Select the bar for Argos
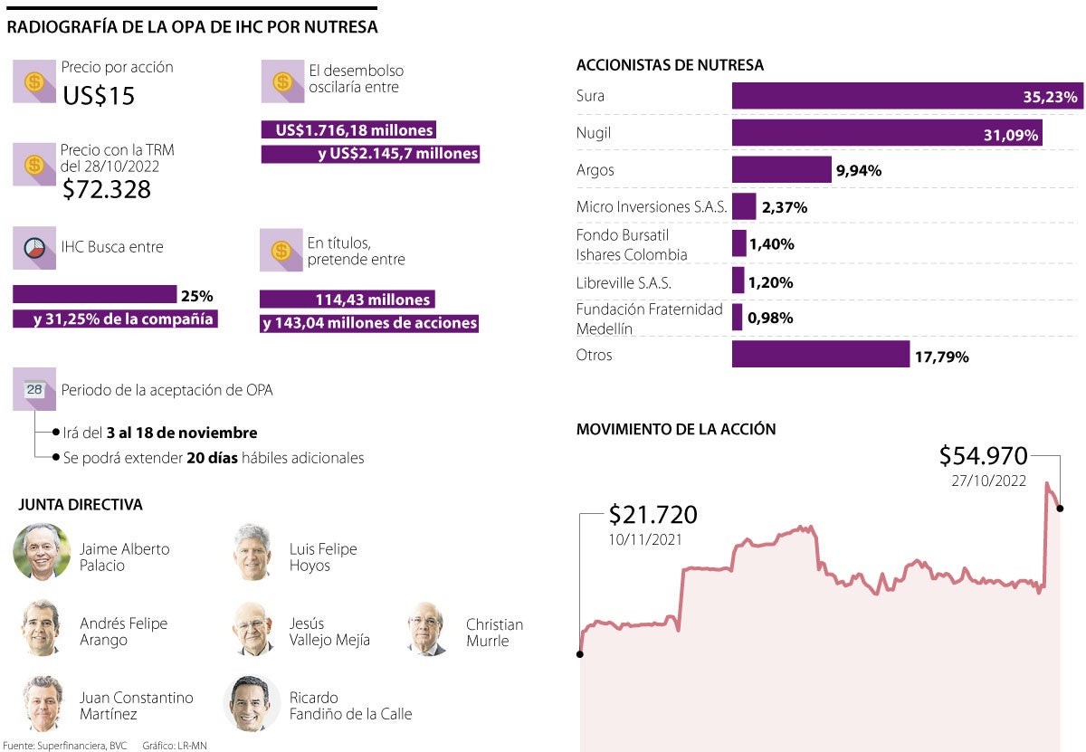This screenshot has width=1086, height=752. (781, 170)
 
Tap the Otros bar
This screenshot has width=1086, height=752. (820, 355)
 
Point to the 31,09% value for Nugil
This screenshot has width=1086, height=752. (1011, 134)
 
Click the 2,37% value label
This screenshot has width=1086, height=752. (785, 207)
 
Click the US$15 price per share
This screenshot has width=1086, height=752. (99, 95)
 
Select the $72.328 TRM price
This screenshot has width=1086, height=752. (106, 189)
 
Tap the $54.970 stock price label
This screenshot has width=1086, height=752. (983, 455)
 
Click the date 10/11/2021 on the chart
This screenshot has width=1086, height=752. (645, 538)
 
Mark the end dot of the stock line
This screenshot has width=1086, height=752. (1060, 509)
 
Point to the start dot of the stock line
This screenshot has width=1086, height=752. (580, 653)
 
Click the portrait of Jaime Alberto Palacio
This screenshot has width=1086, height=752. (42, 551)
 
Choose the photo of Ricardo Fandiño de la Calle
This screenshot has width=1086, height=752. (252, 703)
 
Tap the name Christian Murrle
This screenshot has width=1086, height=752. (494, 633)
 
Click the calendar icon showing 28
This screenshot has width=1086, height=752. (34, 390)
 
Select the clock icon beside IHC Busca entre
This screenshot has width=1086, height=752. (34, 248)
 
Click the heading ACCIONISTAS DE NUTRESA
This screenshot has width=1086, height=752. (670, 65)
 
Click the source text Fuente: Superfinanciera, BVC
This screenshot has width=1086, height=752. (65, 746)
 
